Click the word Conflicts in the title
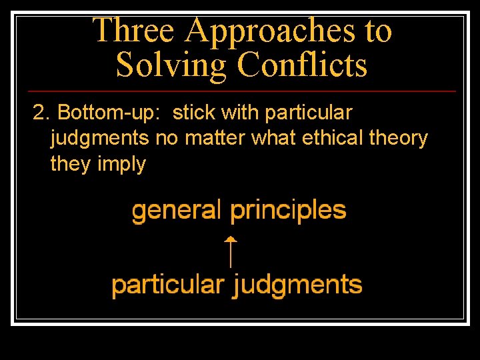point(302,65)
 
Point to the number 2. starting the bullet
point(42,113)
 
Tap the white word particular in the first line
point(309,113)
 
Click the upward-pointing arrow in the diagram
point(230,251)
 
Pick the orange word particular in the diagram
point(167,285)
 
